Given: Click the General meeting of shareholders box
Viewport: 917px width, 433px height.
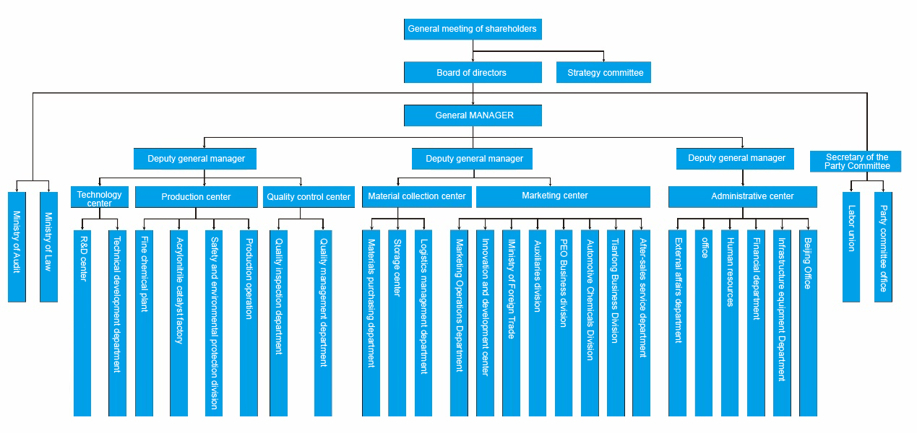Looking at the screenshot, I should pos(473,29).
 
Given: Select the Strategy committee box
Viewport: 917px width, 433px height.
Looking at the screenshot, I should pos(604,72).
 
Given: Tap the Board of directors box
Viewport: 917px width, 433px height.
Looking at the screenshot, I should pos(473,72).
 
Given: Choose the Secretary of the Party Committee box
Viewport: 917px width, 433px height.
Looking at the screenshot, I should pos(857,161).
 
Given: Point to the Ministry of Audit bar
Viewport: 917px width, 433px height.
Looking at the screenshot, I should pos(17,246).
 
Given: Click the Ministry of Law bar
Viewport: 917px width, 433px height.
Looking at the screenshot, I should pos(48,246).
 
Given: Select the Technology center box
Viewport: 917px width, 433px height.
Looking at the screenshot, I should pos(100,197).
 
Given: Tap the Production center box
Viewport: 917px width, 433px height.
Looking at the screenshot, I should pos(196,197).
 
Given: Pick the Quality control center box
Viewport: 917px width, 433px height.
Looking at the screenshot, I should pos(309,197).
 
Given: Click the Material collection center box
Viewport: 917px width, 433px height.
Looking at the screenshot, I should pos(416,196).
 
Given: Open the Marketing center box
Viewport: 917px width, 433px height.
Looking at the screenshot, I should pos(563,196).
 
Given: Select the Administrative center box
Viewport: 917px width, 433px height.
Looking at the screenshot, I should pos(742,196).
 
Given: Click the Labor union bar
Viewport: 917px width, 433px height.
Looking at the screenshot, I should pos(851,246).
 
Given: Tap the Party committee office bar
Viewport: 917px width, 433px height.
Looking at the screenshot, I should pos(883,246).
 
